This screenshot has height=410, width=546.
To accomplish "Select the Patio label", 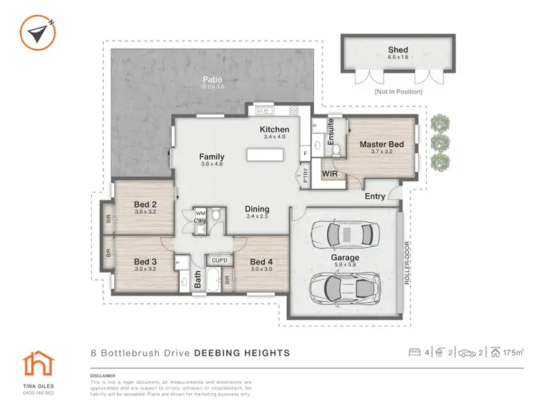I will click(x=212, y=80).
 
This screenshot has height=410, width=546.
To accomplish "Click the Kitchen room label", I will click(x=274, y=130).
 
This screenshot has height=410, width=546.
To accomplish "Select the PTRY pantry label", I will click(x=306, y=176).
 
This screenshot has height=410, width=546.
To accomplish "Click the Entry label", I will click(x=375, y=196).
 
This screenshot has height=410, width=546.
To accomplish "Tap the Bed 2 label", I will click(x=146, y=204).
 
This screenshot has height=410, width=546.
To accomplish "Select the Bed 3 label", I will click(x=145, y=261).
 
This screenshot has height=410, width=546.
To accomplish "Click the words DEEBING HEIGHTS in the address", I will click(x=242, y=353).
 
